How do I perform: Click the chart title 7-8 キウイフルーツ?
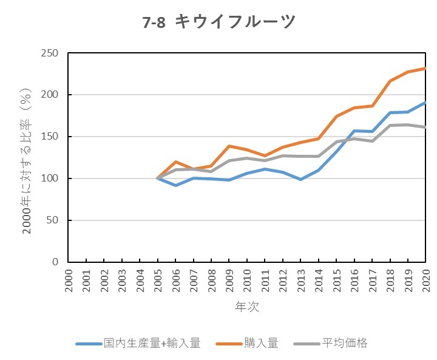(219, 22)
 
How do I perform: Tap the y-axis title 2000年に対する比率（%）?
(27, 158)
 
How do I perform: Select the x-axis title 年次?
(247, 307)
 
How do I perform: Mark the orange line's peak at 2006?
(175, 162)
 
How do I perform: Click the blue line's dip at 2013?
(300, 179)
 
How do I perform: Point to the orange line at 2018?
(390, 81)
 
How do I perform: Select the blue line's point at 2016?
(354, 131)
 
